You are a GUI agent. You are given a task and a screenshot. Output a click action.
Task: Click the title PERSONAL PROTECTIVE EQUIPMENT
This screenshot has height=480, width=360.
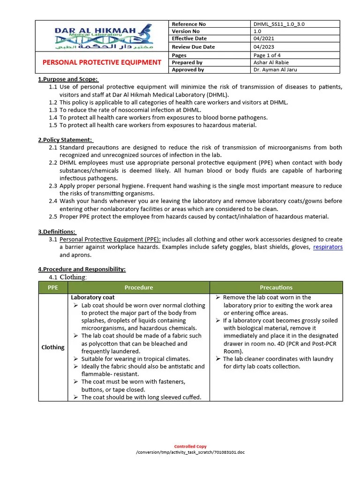102,62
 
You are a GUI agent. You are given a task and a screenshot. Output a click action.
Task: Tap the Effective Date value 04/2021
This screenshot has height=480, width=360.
264,38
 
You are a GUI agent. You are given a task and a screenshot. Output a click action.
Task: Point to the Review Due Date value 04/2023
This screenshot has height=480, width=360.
264,47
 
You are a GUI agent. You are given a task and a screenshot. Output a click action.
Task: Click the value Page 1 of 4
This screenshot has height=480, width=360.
267,55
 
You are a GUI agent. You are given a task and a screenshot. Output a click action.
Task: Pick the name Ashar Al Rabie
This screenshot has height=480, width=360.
271,62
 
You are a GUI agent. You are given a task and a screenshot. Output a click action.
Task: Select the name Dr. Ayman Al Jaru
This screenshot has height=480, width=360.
275,70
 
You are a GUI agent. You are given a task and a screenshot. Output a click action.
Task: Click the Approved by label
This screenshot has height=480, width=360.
187,70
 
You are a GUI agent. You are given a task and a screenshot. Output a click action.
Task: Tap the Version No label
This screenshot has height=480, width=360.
185,31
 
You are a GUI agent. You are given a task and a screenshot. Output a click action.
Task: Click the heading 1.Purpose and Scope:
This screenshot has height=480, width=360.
68,79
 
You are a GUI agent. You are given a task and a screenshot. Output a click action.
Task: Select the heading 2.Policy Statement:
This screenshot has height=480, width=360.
66,140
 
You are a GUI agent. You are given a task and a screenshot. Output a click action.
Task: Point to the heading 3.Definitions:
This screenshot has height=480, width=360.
57,232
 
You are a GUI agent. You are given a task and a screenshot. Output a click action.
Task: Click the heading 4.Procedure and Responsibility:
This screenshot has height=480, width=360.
82,269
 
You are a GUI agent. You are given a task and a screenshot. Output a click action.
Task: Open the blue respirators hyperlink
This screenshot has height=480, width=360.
328,247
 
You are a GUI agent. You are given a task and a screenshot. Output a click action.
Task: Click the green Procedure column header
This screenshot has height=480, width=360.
139,287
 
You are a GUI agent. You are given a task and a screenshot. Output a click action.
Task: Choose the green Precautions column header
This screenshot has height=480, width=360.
276,287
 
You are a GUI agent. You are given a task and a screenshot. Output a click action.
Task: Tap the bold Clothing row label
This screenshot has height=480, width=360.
53,347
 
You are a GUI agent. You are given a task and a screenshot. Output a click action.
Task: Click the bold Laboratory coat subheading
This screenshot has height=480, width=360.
93,298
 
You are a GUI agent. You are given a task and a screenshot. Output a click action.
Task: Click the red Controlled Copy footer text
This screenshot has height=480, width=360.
190,446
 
